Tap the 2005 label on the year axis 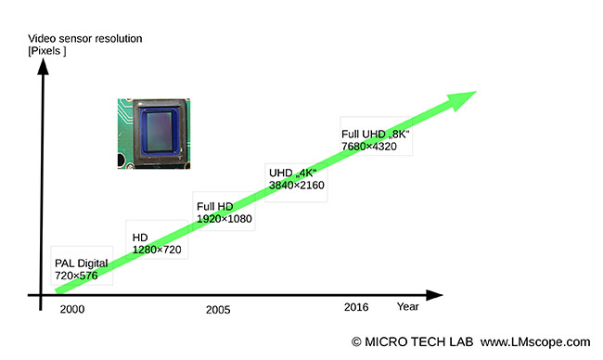[218, 309]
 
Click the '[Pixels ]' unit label [47, 51]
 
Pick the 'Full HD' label [216, 206]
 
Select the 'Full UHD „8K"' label [376, 135]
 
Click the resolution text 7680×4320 [373, 148]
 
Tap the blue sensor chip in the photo [159, 130]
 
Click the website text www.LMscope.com [536, 342]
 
